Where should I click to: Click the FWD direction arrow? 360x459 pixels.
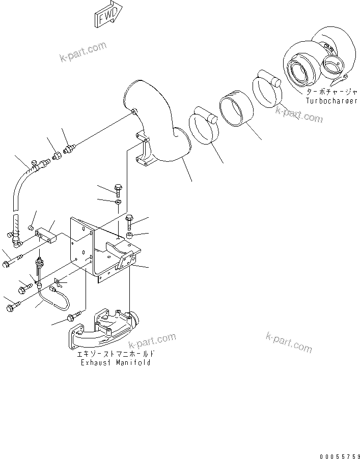(108, 14)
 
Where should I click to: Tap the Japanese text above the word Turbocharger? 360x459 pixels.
(326, 93)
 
